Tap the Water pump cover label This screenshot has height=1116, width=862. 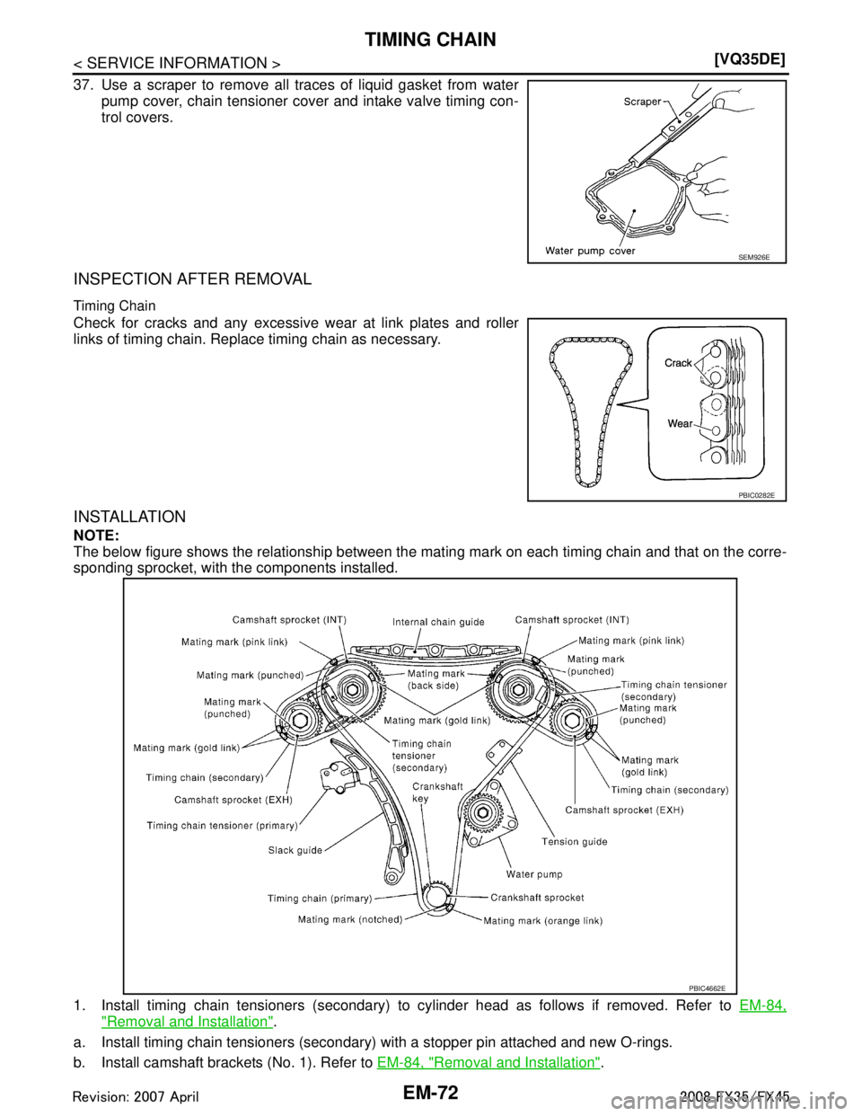click(590, 251)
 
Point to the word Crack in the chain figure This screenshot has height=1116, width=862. click(679, 363)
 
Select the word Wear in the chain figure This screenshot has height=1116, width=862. click(679, 423)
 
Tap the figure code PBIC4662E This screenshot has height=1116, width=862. click(707, 986)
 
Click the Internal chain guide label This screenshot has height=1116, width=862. click(438, 621)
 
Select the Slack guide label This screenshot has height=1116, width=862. click(296, 850)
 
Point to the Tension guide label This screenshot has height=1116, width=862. click(574, 841)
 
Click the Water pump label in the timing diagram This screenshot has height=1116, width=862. click(534, 873)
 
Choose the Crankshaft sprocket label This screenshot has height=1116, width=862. click(537, 897)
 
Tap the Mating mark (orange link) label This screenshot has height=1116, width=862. click(542, 920)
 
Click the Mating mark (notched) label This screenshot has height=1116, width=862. click(350, 919)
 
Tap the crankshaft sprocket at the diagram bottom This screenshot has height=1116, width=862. click(435, 896)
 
